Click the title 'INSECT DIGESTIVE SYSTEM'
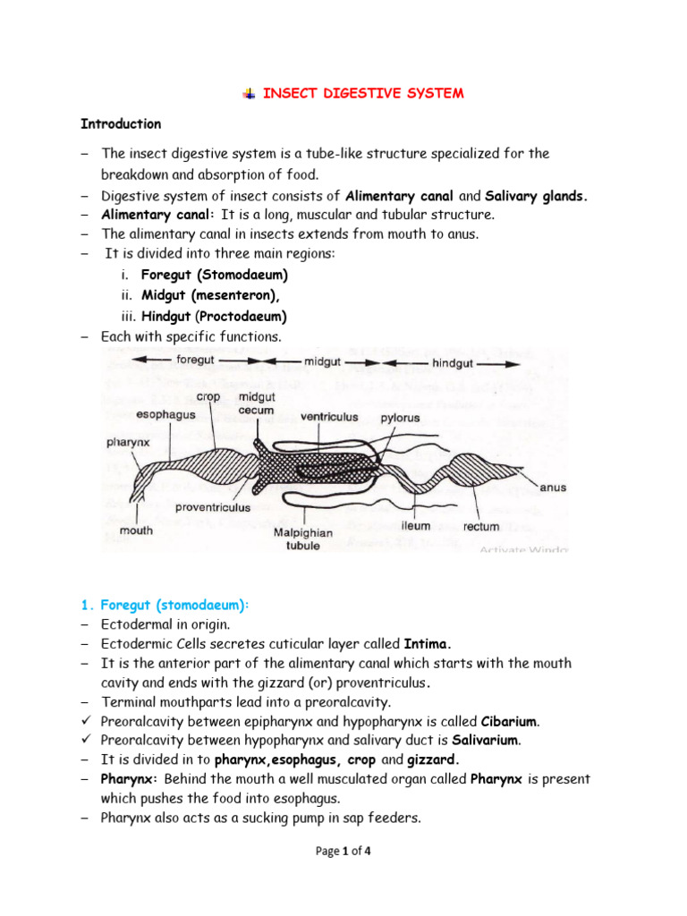[362, 94]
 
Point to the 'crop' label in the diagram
[208, 397]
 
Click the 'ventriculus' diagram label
[329, 416]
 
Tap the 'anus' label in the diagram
[553, 488]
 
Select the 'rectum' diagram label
[481, 527]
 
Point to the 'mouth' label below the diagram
[136, 530]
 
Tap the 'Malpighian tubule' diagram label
[302, 538]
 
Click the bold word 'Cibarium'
[511, 721]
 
